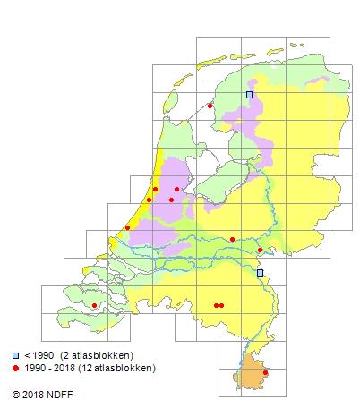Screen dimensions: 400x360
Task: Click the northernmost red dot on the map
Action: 210,106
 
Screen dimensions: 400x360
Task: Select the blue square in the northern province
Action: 250,94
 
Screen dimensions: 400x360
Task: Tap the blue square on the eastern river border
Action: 260,273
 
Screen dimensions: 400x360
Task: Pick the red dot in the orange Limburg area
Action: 265,373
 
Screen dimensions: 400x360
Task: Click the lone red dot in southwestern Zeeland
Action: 94,306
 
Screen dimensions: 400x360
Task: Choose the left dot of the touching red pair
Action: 216,306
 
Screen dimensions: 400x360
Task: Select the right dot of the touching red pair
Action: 221,306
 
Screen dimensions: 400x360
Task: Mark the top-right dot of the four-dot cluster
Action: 177,189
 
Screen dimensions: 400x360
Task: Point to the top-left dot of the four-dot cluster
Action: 156,189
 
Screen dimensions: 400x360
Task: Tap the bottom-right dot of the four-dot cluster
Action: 171,200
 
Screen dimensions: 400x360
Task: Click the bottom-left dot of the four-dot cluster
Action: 149,200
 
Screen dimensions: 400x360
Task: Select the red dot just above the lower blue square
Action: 260,251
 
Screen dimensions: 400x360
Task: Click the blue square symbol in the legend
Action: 16,356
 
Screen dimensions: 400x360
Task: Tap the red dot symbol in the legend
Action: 16,368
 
